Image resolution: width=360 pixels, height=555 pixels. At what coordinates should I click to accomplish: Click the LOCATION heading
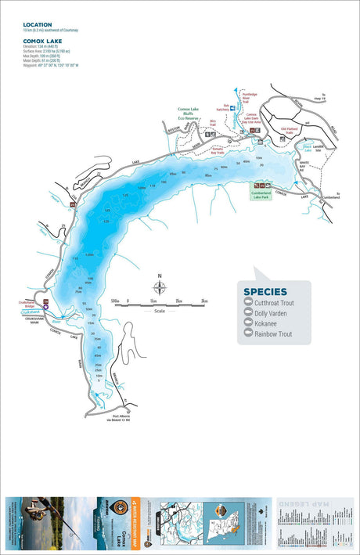(37, 24)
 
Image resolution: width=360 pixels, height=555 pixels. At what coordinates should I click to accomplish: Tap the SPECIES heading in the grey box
(265, 291)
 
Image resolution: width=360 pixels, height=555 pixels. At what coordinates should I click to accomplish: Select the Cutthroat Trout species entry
(273, 302)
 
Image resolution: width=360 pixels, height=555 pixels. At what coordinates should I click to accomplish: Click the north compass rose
(160, 285)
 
